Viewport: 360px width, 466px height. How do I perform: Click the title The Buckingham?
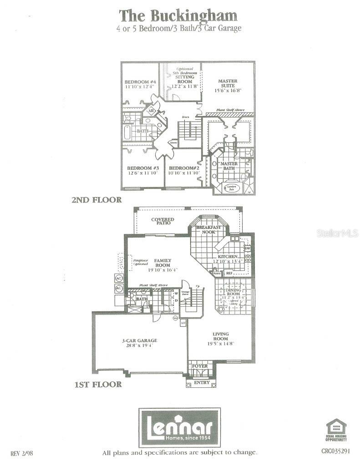click(178, 15)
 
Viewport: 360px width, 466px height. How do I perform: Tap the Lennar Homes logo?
click(179, 428)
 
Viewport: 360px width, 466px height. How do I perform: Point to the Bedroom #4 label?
click(140, 82)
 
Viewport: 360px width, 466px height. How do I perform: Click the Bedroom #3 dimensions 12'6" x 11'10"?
click(142, 172)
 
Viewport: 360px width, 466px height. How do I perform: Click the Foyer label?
click(200, 366)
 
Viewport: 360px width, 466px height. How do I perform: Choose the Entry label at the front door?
click(202, 383)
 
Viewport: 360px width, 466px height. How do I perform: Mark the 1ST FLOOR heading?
click(98, 385)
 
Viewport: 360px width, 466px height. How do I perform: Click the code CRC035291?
click(336, 451)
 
